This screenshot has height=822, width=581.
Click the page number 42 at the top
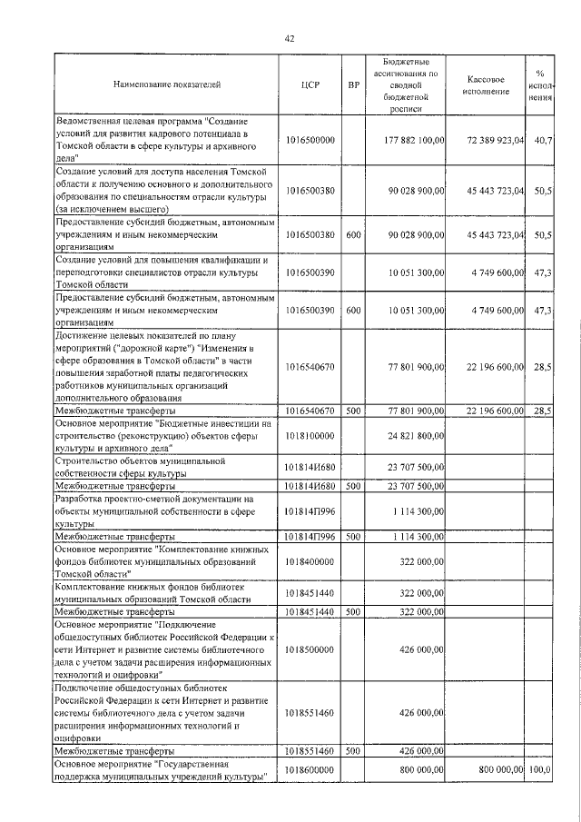click(290, 38)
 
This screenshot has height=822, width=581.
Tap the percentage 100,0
click(541, 770)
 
